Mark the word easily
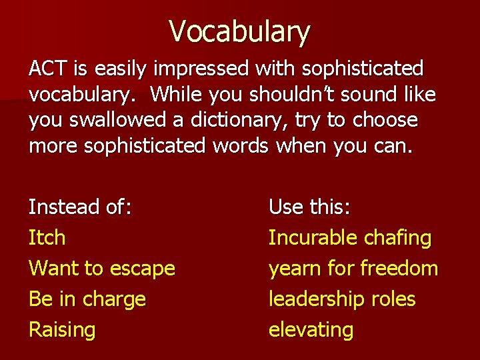(121, 69)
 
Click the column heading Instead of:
(80, 207)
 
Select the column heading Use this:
(309, 207)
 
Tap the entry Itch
(47, 237)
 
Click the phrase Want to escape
(101, 268)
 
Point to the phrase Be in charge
(87, 299)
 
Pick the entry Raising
(62, 329)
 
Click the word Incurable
(313, 237)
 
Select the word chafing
(398, 237)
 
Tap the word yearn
(293, 268)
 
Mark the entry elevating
(311, 329)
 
